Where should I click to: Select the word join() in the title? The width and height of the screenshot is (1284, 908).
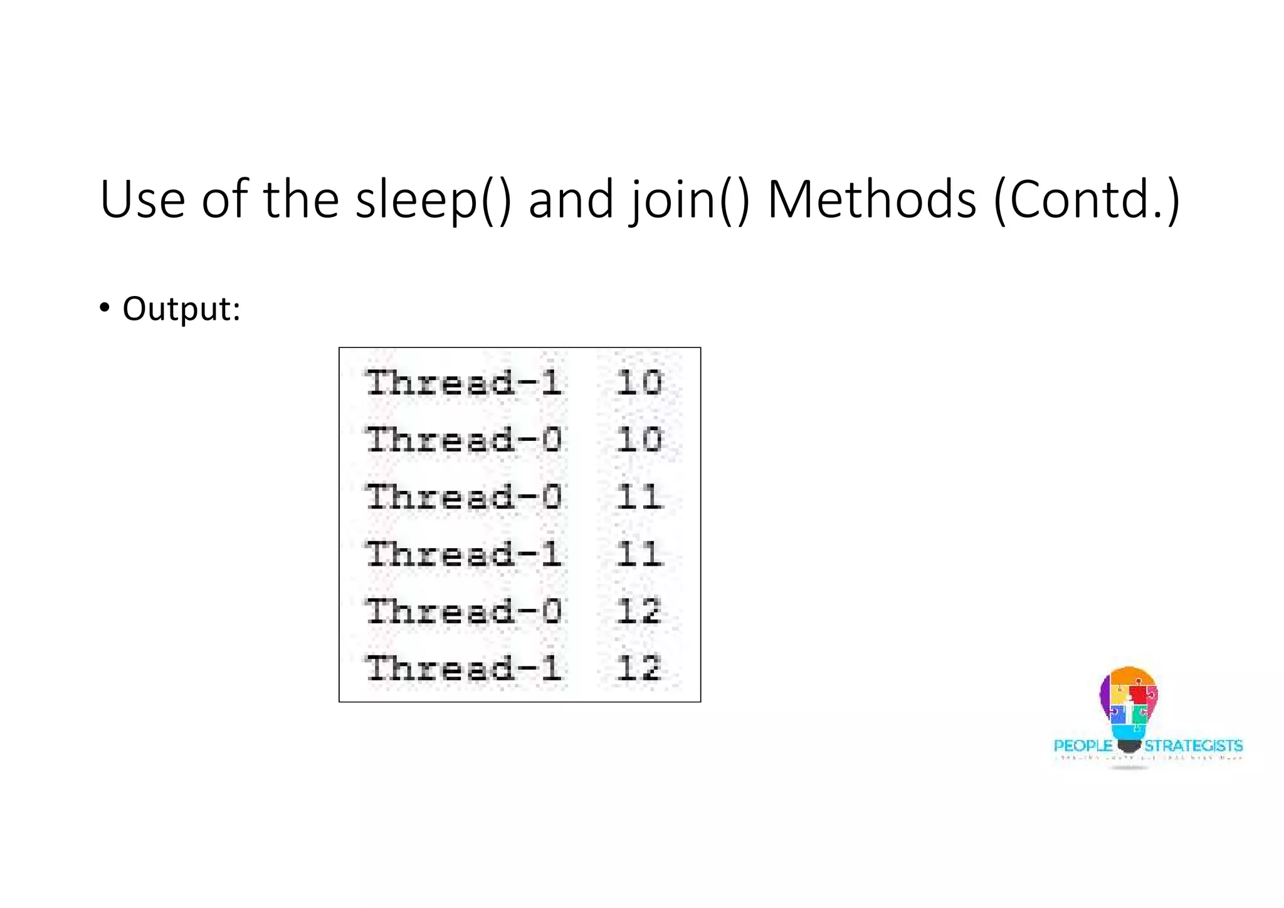point(690,199)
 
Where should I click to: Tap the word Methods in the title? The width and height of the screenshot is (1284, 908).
point(872,199)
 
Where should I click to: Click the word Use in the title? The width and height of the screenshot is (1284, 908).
point(142,199)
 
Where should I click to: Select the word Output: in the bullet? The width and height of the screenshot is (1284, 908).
point(181,309)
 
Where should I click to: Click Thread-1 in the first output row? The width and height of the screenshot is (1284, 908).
point(464,383)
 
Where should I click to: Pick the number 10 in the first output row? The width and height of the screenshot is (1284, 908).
point(638,383)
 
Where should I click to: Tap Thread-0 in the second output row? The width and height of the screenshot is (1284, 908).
point(464,440)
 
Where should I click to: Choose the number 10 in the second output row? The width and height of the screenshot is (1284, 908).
point(638,440)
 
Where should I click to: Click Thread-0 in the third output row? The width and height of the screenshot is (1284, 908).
point(464,497)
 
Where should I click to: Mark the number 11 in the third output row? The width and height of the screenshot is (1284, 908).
point(638,497)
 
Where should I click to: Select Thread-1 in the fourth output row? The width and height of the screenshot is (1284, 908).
point(464,554)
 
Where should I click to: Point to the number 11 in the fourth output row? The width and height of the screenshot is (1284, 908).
point(638,554)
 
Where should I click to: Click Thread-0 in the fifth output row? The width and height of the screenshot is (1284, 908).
point(464,611)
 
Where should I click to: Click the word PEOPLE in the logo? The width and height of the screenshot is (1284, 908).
point(1083,746)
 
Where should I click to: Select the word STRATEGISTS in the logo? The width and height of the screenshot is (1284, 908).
point(1193,746)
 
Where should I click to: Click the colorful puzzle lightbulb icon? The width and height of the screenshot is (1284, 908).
point(1129,705)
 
